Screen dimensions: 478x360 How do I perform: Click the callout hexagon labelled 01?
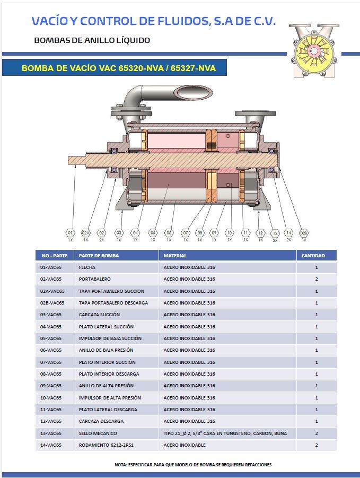(x=70, y=232)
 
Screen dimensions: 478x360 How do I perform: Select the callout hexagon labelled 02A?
(x=86, y=232)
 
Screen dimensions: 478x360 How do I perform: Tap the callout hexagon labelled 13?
(x=275, y=233)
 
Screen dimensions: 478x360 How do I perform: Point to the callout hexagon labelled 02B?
(x=304, y=232)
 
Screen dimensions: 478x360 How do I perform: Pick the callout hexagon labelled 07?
(x=186, y=232)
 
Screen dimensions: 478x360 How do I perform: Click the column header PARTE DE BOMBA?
(x=99, y=256)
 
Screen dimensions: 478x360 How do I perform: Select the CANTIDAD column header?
(x=313, y=256)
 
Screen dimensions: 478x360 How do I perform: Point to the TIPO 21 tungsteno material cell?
(x=225, y=433)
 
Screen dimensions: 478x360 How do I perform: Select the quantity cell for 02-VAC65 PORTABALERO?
(x=316, y=279)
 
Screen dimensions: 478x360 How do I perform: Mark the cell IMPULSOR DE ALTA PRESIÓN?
(x=110, y=398)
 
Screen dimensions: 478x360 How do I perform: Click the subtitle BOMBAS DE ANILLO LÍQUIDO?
(x=92, y=40)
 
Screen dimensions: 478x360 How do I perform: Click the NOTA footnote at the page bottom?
(x=193, y=465)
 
